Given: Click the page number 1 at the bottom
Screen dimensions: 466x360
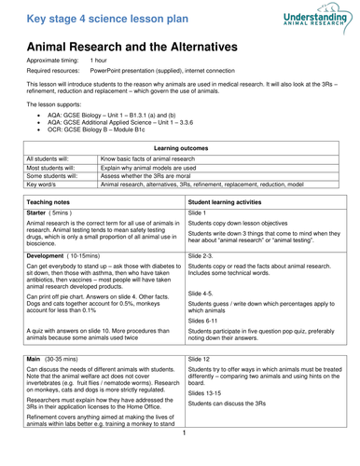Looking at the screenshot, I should click(x=185, y=459).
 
